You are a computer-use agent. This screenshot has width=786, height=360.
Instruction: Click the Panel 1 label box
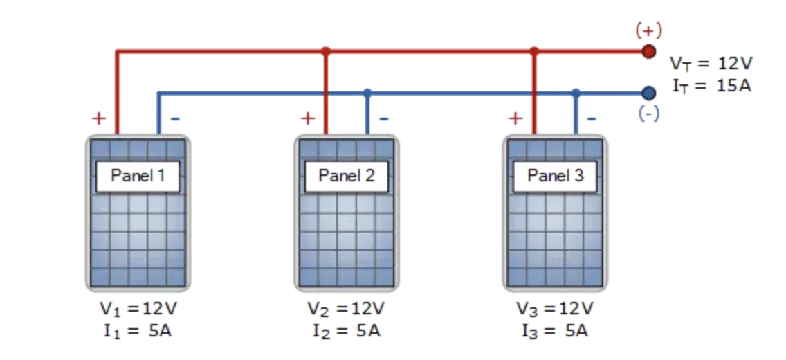click(138, 176)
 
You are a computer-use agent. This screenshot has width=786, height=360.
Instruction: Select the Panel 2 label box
click(346, 176)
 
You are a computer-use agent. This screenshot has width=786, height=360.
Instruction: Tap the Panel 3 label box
click(555, 176)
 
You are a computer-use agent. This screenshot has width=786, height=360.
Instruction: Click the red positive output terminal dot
click(648, 51)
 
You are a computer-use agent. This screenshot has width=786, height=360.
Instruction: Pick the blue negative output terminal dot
click(648, 93)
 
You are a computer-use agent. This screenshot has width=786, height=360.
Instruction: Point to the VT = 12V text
click(711, 64)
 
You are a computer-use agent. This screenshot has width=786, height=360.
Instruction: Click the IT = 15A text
click(711, 87)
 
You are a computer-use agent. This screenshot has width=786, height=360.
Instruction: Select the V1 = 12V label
click(138, 308)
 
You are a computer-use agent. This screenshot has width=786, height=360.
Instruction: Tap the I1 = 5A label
click(138, 331)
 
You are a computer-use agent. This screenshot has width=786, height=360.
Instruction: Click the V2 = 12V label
click(346, 308)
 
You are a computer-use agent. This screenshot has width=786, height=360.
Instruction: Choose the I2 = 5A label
click(346, 331)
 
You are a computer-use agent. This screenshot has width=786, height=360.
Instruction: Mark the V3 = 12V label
click(555, 308)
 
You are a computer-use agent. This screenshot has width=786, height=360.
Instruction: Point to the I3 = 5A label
click(555, 331)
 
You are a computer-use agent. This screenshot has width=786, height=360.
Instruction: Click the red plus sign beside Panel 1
click(99, 118)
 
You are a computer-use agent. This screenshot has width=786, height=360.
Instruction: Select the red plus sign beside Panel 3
click(515, 118)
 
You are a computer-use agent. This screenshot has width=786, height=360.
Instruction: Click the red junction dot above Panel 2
click(326, 51)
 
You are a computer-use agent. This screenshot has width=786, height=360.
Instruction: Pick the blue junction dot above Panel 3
click(576, 93)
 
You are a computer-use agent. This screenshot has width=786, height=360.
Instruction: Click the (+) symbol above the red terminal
click(648, 30)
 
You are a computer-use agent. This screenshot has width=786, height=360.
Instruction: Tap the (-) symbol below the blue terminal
click(648, 114)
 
